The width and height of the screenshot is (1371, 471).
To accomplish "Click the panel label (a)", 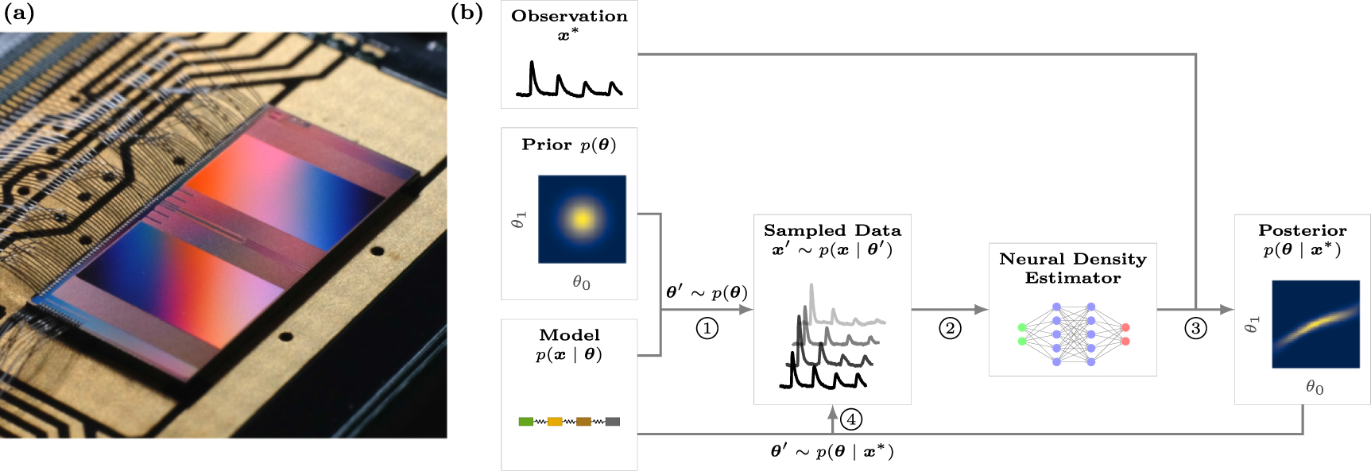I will coord(19,14).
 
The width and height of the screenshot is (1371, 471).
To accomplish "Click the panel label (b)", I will coord(467,14).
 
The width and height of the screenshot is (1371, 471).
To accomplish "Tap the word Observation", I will coord(569,16).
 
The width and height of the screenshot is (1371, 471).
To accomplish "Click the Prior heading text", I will coord(547,145).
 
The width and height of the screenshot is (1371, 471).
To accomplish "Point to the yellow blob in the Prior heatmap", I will coord(582,218).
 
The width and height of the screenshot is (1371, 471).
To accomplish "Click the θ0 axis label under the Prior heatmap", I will coord(581,283).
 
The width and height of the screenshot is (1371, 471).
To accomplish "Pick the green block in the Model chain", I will coord(525,422).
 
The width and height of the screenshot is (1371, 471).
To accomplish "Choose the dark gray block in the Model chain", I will coord(612,422).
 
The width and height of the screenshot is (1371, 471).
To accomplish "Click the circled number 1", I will coord(707,328).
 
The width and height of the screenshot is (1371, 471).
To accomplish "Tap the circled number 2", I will coord(950,328).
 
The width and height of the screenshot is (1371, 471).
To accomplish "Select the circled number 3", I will coord(1195,328).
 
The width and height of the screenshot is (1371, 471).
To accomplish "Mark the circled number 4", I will coord(851,419).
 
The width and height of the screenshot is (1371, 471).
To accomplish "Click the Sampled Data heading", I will coord(832,230).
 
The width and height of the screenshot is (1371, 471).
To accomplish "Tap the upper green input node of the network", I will coord(1022,327).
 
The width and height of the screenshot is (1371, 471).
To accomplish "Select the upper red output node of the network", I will coord(1125,327).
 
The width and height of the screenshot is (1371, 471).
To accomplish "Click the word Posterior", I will coord(1302,230).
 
